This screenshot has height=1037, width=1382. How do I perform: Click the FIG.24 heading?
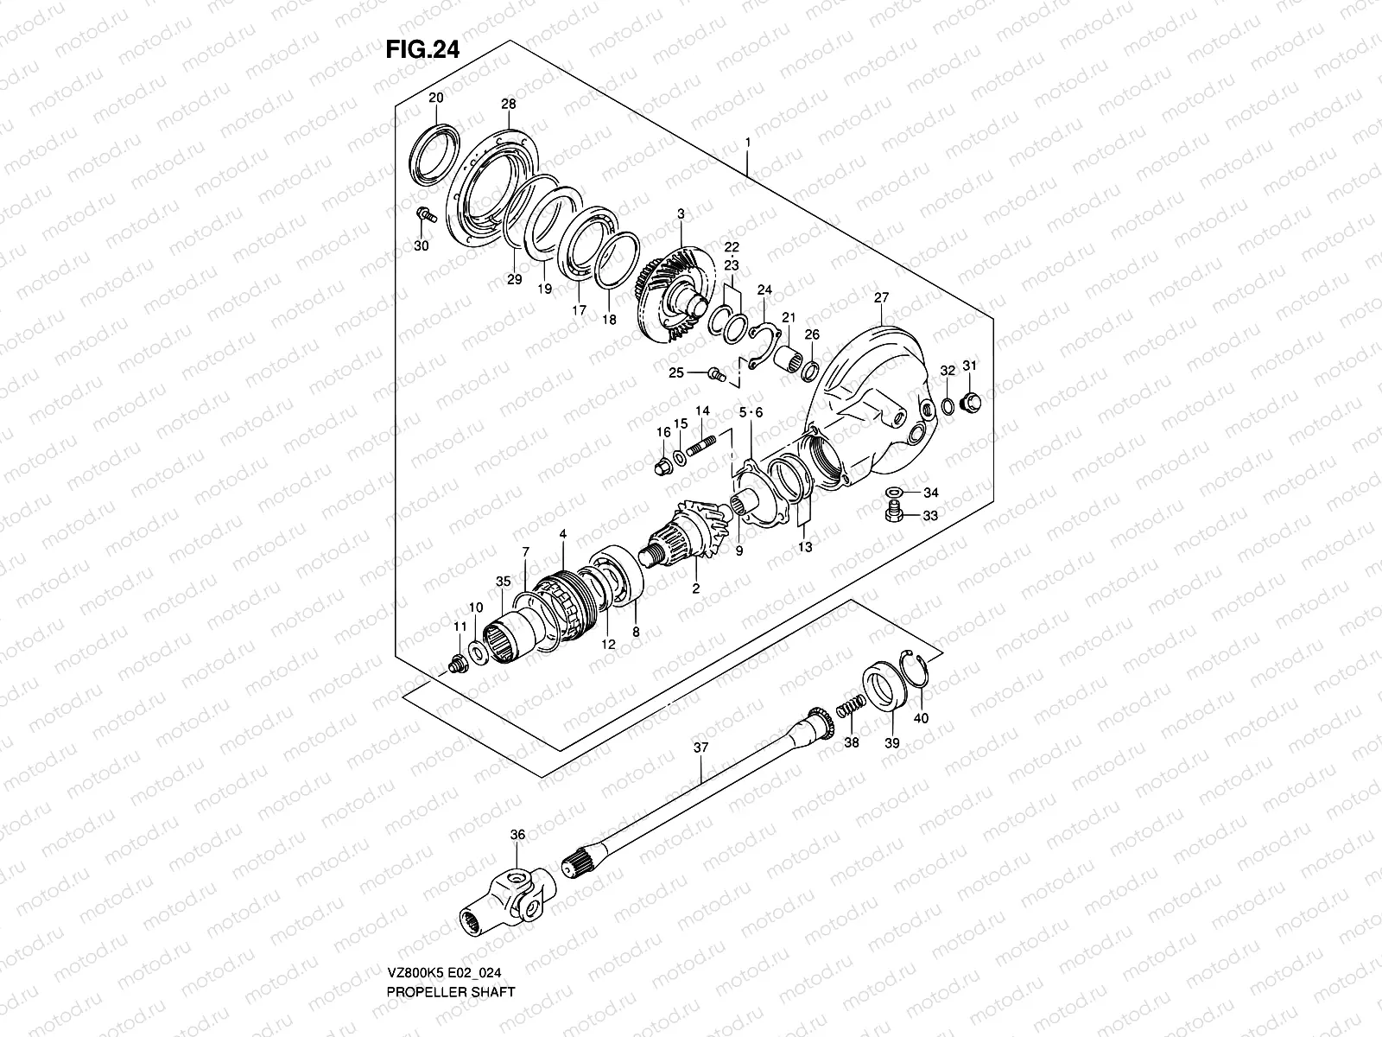tap(422, 49)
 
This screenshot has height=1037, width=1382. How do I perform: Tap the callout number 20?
tap(435, 97)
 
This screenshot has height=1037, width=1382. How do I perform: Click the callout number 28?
tap(508, 104)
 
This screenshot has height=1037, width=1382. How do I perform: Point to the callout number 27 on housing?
tap(880, 298)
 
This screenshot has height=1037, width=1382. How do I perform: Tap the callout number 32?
tap(947, 371)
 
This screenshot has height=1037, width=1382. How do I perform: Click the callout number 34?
tap(930, 493)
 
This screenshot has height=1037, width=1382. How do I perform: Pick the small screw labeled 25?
tap(714, 372)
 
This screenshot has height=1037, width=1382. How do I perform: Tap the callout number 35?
tap(504, 582)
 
